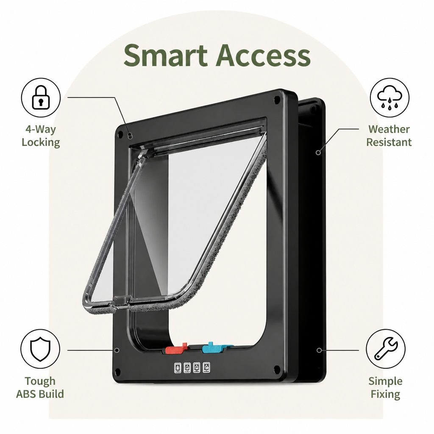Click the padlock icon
[x=41, y=97]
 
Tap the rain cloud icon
[x=389, y=97]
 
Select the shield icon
[x=40, y=349]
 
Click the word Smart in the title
[x=166, y=55]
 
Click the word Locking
[x=41, y=142]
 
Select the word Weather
[x=389, y=129]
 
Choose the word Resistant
[x=389, y=142]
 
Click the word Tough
[x=40, y=381]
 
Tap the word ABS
[x=26, y=394]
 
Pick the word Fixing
[x=385, y=394]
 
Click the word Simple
[x=385, y=381]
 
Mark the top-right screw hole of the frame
[x=276, y=99]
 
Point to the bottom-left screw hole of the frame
[x=117, y=371]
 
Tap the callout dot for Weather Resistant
[x=319, y=152]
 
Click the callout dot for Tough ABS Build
[x=117, y=350]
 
